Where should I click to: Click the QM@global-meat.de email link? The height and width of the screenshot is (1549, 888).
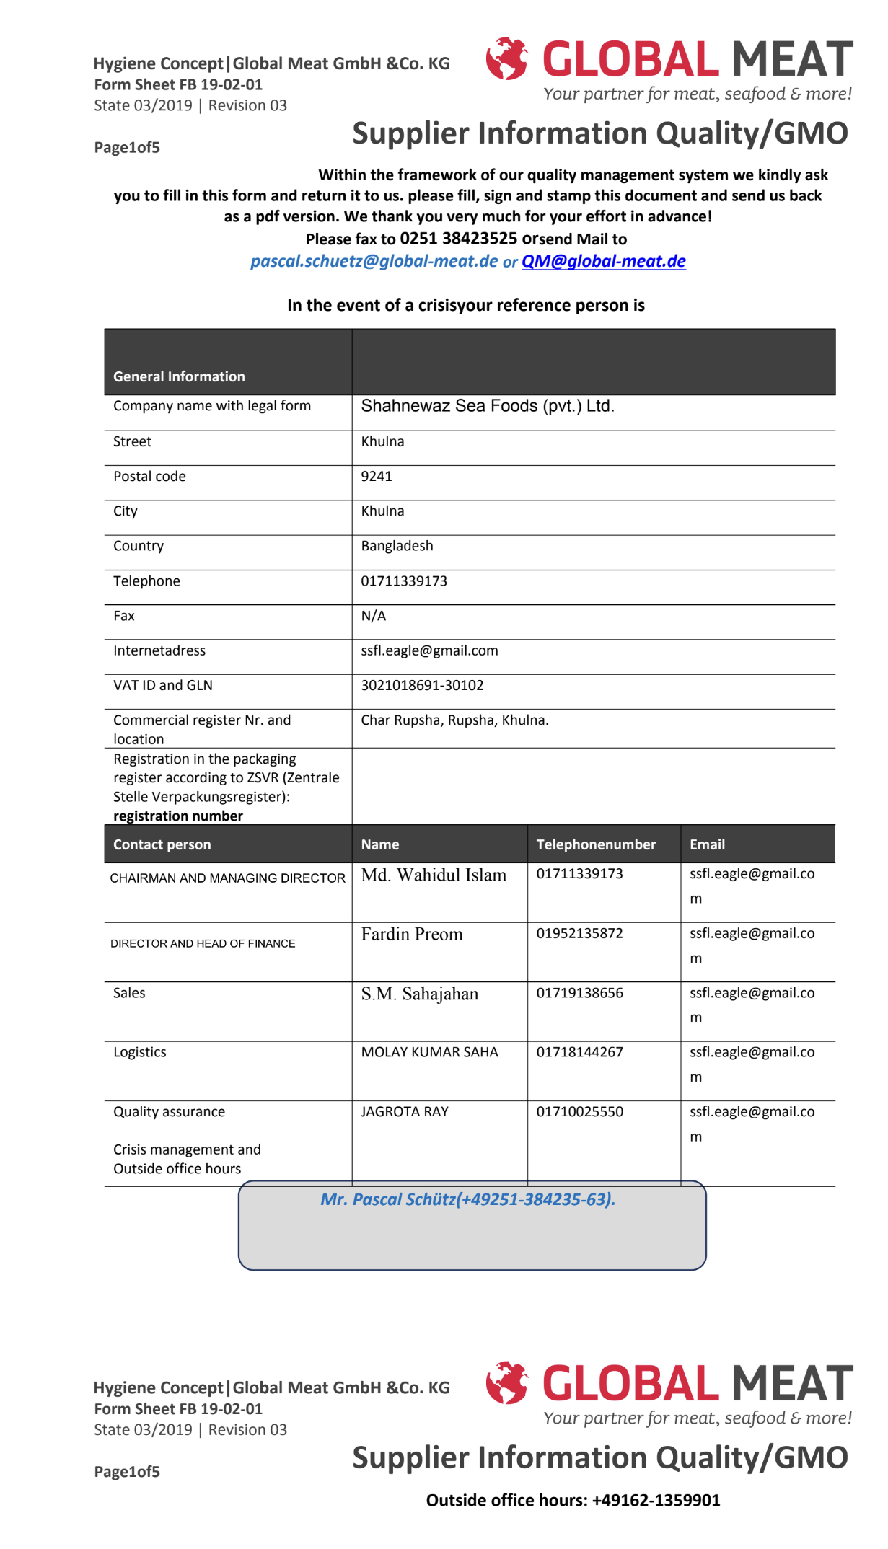click(x=603, y=261)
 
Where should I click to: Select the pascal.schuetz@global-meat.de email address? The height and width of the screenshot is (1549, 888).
click(x=374, y=261)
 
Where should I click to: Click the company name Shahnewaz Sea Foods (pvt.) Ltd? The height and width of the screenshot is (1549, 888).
click(x=488, y=406)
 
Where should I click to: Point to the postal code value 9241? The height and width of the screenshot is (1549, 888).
click(x=377, y=477)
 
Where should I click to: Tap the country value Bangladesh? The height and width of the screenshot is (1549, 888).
click(x=397, y=546)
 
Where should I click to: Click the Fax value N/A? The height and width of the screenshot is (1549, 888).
click(x=374, y=616)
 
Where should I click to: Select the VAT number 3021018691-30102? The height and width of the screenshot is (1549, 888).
click(x=422, y=685)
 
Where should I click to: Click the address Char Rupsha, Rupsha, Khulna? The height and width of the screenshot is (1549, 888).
click(x=454, y=720)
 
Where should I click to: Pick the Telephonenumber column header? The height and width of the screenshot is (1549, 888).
click(x=596, y=844)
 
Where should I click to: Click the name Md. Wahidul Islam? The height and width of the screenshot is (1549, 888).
click(x=434, y=875)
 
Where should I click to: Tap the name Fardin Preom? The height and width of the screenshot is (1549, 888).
click(x=412, y=935)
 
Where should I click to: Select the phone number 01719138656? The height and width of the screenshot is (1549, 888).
click(x=579, y=993)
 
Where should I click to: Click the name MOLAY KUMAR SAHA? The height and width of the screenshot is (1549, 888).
click(x=429, y=1052)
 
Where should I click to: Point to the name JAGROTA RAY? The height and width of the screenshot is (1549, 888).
click(x=405, y=1112)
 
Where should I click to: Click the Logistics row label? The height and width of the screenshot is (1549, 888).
click(x=140, y=1052)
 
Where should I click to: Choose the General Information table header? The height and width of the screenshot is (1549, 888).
click(x=179, y=376)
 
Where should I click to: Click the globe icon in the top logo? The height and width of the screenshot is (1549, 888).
click(x=507, y=58)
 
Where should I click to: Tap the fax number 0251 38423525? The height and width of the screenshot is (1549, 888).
click(x=458, y=239)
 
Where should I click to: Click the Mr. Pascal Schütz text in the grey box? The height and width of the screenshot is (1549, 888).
click(x=467, y=1199)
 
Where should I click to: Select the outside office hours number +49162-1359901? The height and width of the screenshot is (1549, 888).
click(x=656, y=1501)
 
